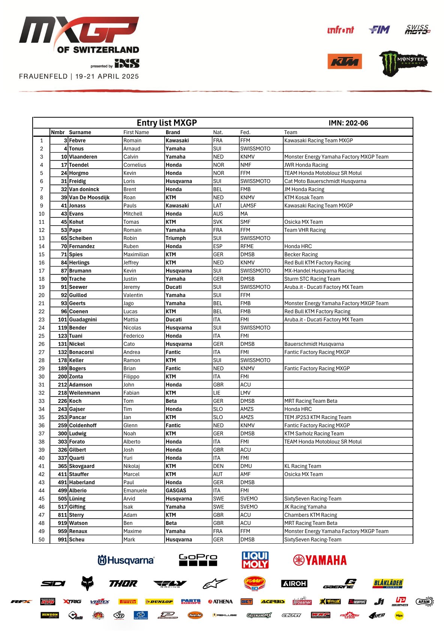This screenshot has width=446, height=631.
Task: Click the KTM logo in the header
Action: pos(344,61)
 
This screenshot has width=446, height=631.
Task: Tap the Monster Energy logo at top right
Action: pos(403,63)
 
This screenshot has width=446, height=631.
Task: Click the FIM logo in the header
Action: pos(379,30)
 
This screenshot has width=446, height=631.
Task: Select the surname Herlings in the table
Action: pos(79,263)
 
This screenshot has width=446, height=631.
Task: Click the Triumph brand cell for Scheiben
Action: pos(176,238)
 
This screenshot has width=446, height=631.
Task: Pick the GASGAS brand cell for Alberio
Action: pos(176,490)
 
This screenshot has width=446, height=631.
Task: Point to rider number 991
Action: pos(62,540)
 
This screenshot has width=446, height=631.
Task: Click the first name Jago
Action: pos(128,304)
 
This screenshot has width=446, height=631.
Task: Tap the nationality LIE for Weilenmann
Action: pos(217,393)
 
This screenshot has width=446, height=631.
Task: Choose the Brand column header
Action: pos(173,132)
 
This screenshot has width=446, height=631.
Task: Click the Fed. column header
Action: pos(245,132)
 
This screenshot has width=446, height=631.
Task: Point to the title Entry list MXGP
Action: pos(167,123)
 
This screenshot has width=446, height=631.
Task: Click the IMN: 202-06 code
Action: pos(348,123)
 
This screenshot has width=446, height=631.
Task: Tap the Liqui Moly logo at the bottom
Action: pos(255,560)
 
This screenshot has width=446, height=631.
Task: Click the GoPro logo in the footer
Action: pos(198,559)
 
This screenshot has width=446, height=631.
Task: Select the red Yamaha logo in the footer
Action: pos(320,560)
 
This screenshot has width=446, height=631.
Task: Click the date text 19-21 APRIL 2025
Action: pos(107,76)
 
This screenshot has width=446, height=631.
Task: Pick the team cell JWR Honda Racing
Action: pos(306,165)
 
